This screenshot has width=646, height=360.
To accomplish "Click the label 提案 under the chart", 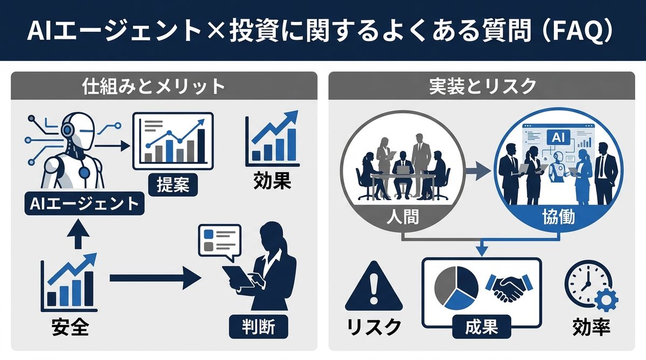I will point(172,185).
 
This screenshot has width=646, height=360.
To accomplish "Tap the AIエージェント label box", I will point(80,204).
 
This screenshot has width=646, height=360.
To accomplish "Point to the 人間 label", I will point(403,217).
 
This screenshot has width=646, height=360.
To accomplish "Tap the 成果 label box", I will point(481,327).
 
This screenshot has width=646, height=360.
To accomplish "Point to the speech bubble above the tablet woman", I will point(219,239).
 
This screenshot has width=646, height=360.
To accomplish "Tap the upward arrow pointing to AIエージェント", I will point(79,234).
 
